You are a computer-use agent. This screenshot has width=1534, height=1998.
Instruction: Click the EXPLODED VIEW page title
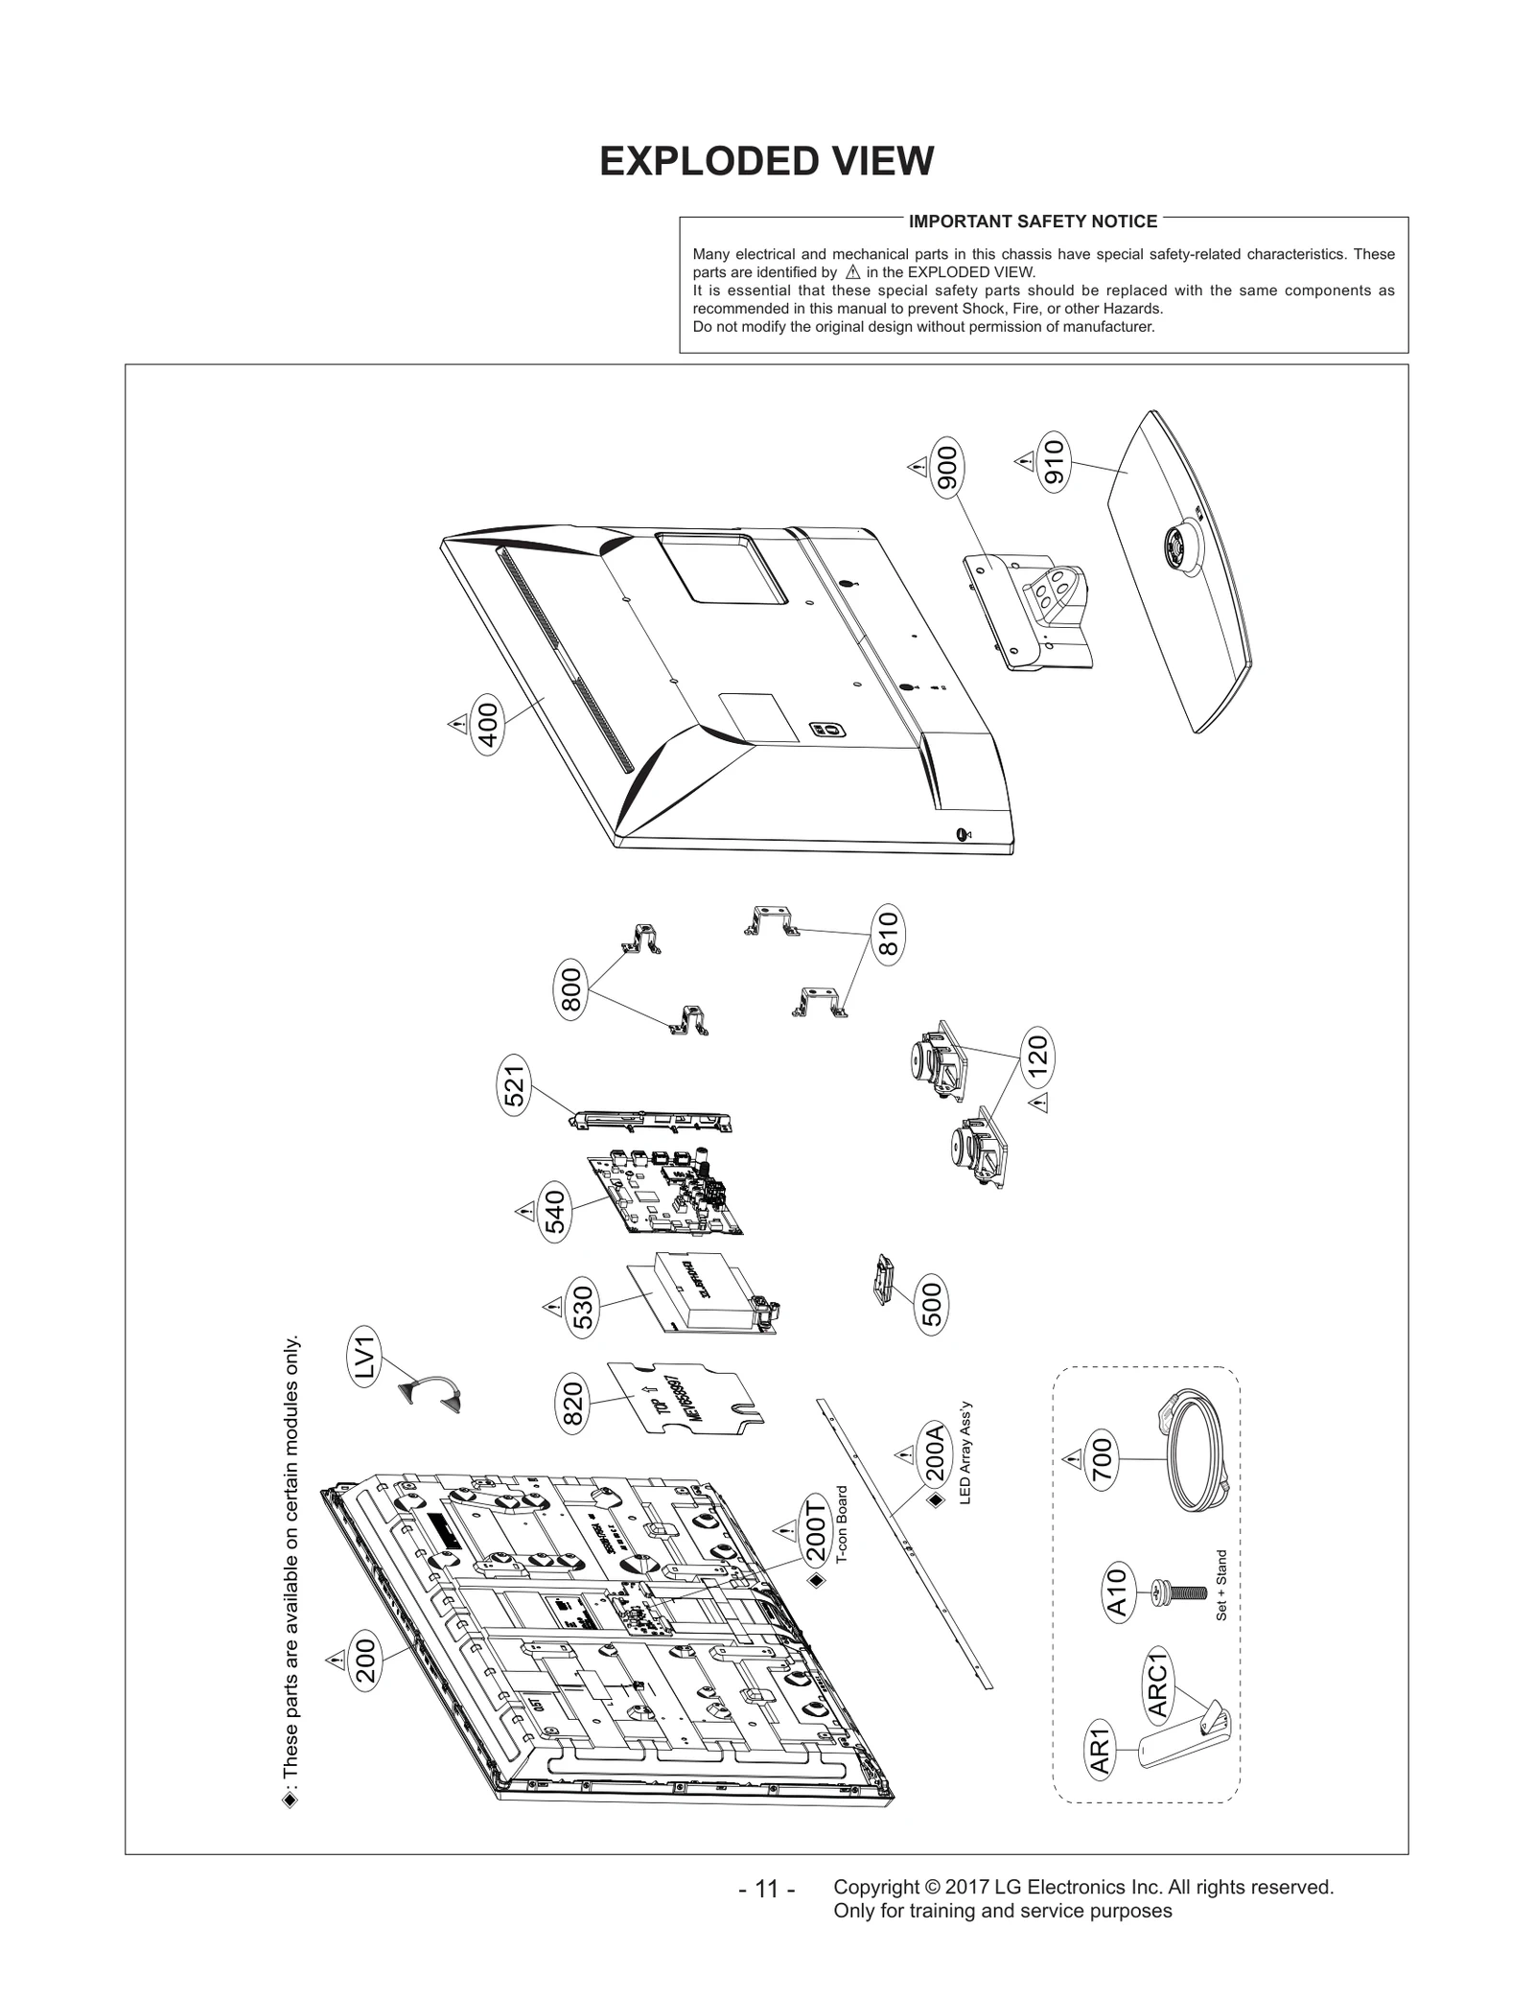(x=765, y=162)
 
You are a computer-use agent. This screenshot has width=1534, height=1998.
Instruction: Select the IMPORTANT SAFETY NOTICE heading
(x=1032, y=221)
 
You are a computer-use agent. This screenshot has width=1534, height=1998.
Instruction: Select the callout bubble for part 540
(x=555, y=1212)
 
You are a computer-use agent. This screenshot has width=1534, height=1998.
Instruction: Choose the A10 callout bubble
(x=1118, y=1591)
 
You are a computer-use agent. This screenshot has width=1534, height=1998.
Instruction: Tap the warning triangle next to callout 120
(x=1038, y=1104)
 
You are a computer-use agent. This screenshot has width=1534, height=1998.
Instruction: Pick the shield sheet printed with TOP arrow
(x=686, y=1399)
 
